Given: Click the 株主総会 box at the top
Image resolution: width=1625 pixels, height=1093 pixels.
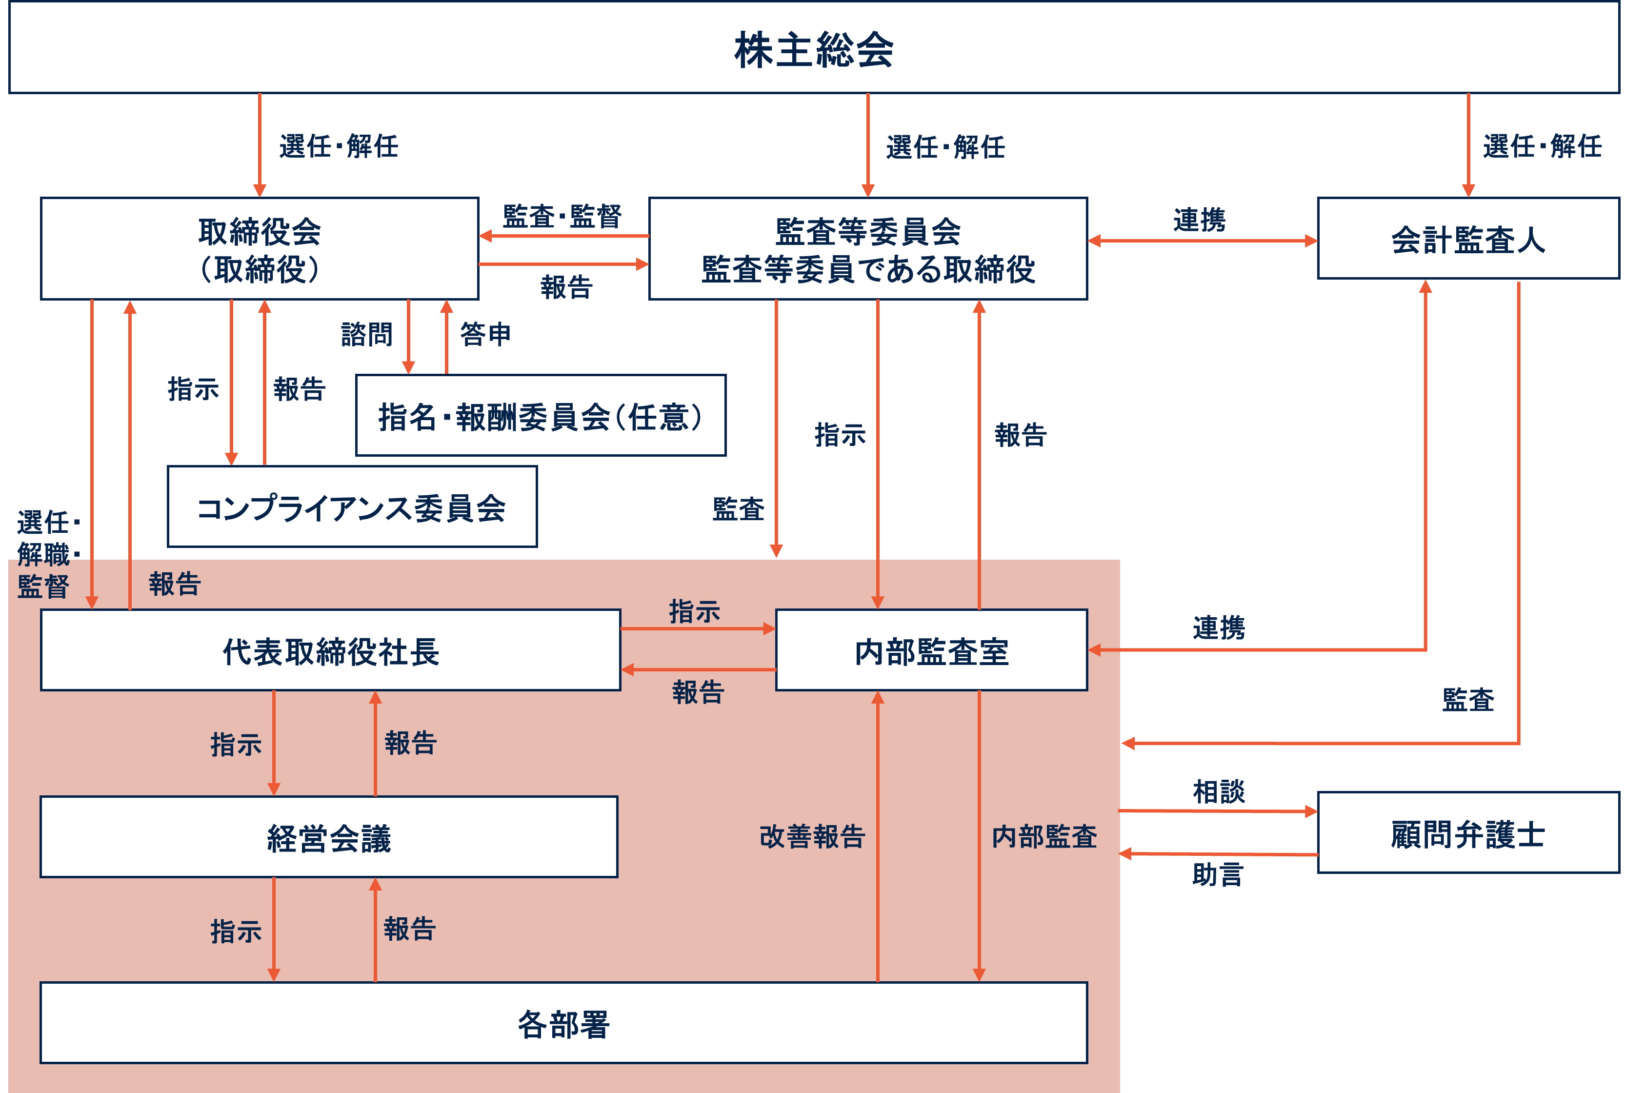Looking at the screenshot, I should (813, 49).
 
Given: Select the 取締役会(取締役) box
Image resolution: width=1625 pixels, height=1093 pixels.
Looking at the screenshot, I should (259, 249).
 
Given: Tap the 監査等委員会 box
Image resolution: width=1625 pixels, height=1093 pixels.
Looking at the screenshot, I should (867, 249).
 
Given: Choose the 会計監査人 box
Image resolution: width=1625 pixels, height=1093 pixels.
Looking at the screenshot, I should (1467, 239).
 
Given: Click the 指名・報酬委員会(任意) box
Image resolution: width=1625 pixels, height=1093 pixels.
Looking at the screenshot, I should (540, 416).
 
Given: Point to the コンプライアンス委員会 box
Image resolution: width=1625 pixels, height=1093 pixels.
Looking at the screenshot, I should (352, 507).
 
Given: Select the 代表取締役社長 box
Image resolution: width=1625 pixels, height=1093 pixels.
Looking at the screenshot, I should (330, 650).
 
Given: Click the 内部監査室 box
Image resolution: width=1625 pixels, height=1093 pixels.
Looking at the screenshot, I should (931, 650).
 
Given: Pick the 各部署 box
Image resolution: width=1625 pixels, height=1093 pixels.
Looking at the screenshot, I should (563, 1023).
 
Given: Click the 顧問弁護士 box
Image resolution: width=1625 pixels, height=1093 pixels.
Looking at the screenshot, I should (1467, 833).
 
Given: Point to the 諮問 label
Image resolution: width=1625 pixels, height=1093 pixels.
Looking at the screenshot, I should (366, 335).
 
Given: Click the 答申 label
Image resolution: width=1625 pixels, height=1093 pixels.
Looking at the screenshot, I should (486, 335).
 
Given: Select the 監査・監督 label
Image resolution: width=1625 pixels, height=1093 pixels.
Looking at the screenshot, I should (562, 216).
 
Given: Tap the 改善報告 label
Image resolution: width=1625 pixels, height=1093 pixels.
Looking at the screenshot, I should (812, 836).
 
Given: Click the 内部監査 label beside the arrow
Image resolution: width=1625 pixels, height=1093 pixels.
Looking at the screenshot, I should (1044, 836).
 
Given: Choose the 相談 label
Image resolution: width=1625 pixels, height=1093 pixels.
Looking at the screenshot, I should (1218, 791).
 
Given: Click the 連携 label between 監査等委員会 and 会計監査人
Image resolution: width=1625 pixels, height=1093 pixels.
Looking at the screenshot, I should (1199, 220).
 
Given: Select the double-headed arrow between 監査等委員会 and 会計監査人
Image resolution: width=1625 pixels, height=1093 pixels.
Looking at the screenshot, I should (1202, 241).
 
